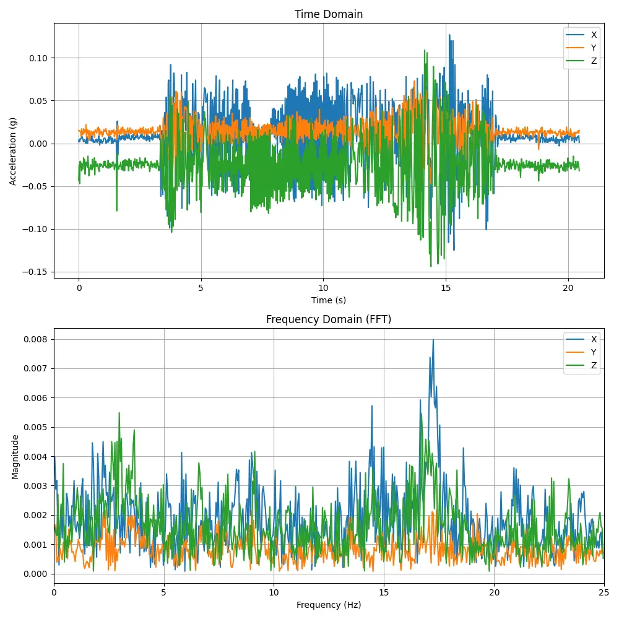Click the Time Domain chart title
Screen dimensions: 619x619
coord(329,14)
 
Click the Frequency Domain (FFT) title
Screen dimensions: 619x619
coord(329,319)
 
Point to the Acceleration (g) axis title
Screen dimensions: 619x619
coord(13,151)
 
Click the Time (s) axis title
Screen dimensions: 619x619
coord(329,300)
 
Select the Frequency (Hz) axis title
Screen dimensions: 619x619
coord(329,605)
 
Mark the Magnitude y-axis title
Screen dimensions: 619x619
coord(15,456)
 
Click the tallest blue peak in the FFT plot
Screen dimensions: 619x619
coord(433,339)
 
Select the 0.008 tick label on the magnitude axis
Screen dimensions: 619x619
coord(37,339)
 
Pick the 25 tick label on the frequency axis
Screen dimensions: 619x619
coord(604,592)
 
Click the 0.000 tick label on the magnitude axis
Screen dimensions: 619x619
coord(37,574)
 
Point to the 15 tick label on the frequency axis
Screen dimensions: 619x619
coord(384,592)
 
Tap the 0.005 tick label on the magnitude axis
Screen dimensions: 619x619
coord(37,427)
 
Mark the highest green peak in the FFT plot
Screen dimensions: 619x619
coord(119,413)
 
